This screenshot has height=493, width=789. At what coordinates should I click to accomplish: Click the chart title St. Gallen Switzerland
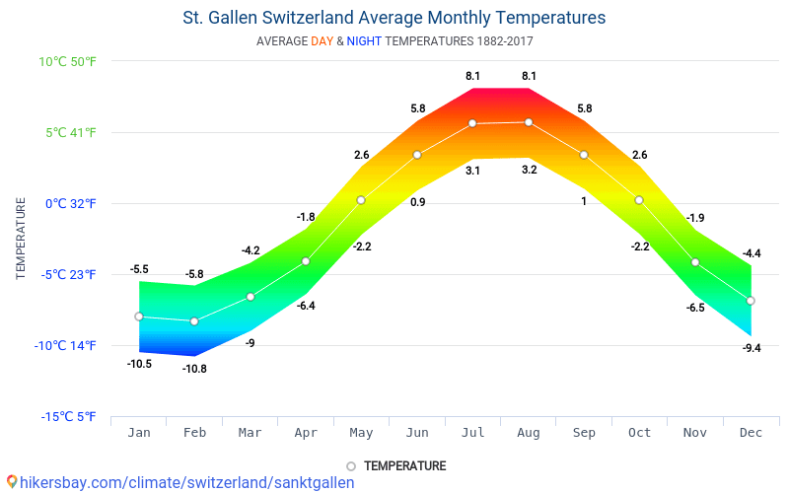(x=394, y=18)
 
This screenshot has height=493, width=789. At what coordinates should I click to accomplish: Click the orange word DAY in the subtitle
(x=323, y=41)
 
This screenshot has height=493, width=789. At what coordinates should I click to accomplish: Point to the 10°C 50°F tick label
(x=68, y=61)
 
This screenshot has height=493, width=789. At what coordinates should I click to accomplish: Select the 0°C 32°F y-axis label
(x=69, y=203)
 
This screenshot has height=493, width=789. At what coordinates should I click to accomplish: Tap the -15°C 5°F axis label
(x=69, y=416)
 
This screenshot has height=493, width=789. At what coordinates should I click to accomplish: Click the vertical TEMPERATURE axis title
(x=21, y=239)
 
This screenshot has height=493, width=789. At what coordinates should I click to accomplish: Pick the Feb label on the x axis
(x=194, y=432)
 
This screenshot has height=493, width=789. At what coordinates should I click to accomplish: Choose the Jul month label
(x=472, y=432)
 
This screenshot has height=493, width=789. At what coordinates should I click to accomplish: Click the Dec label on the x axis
(x=751, y=432)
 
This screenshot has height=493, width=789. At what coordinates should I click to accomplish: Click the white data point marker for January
(x=139, y=317)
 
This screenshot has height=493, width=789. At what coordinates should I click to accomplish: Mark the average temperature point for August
(x=529, y=122)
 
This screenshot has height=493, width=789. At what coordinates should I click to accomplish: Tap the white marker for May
(x=361, y=200)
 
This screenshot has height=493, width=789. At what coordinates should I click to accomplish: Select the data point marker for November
(x=695, y=262)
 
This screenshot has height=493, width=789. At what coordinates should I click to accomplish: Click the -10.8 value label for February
(x=194, y=369)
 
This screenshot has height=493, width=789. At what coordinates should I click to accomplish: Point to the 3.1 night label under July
(x=472, y=171)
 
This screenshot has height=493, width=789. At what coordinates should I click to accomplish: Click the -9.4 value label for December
(x=751, y=348)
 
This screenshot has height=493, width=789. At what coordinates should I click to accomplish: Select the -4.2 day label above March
(x=250, y=250)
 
